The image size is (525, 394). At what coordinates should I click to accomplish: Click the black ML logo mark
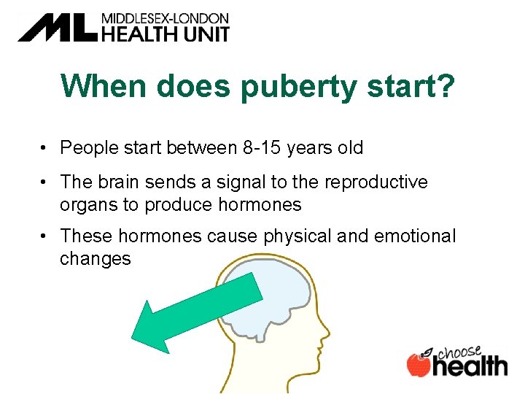tap(57, 27)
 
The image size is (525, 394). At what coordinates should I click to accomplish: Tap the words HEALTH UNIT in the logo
tap(165, 33)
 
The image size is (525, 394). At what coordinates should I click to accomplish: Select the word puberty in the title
tap(302, 85)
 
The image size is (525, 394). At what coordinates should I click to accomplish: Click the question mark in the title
tap(445, 85)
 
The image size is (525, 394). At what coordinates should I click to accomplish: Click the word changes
tap(96, 259)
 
